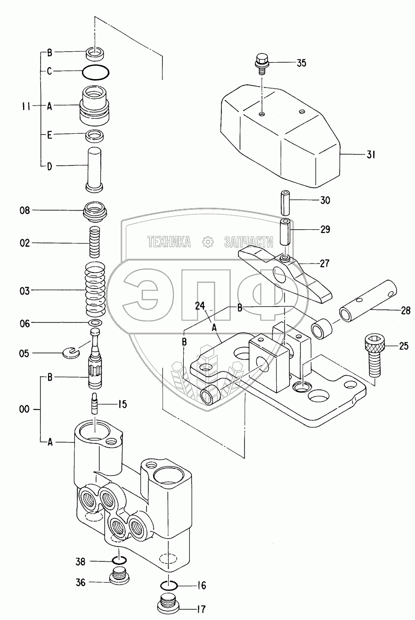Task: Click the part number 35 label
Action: coord(301,63)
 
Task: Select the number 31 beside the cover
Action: coord(371,155)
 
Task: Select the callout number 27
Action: coord(325,263)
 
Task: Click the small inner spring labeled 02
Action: coord(96,242)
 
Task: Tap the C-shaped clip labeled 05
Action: coord(72,351)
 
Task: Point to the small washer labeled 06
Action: coord(96,323)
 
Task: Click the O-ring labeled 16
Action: coord(169,585)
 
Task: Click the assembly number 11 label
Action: coord(26,106)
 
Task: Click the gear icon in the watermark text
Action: coord(208,242)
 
